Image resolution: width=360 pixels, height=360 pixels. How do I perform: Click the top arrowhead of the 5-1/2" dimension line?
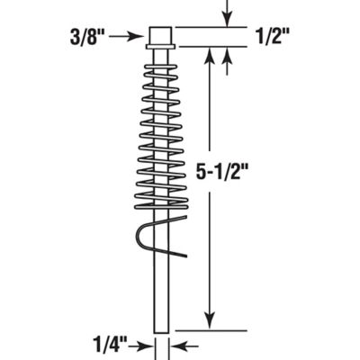pyautogui.click(x=210, y=56)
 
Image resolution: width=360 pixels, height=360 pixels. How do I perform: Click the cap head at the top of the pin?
pyautogui.click(x=161, y=37)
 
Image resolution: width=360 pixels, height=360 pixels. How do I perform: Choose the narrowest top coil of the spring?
pyautogui.click(x=161, y=65)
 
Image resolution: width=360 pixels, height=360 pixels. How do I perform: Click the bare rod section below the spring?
pyautogui.click(x=161, y=288)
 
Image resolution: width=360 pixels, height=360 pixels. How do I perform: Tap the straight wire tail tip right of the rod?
pyautogui.click(x=185, y=255)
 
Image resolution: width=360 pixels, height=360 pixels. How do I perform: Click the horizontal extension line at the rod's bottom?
pyautogui.click(x=207, y=330)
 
